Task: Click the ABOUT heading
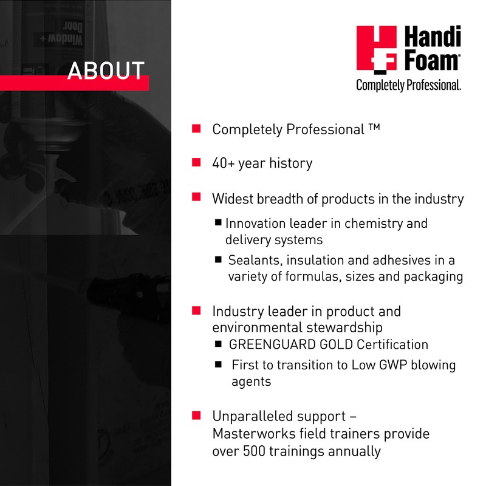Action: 106,70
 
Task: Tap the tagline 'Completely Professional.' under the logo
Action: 408,86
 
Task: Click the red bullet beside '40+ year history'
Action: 196,162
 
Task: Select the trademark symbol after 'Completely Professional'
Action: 374,128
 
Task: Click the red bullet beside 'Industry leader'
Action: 196,310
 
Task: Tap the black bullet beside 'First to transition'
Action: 218,365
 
